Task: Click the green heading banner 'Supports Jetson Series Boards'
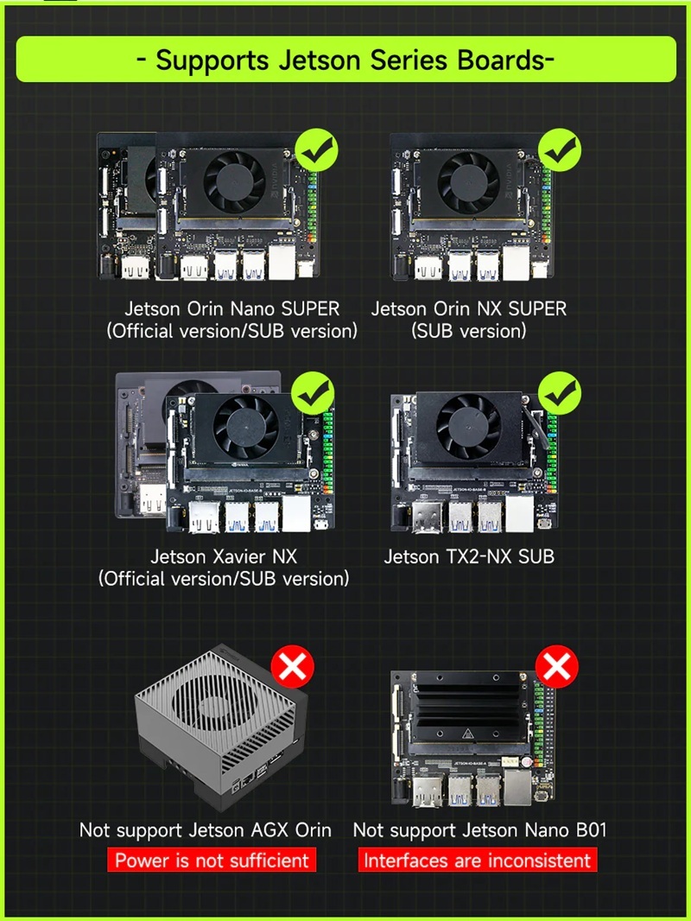(345, 60)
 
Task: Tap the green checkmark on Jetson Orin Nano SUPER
(316, 149)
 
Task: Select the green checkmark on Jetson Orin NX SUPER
(560, 149)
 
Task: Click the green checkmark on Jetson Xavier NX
(313, 393)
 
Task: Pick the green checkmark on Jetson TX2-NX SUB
(560, 393)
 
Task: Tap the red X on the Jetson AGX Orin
(292, 667)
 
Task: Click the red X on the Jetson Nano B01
(556, 667)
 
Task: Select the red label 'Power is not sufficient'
(212, 860)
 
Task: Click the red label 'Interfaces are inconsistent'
(478, 860)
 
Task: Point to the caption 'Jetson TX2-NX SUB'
(469, 556)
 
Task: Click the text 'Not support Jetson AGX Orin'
(206, 830)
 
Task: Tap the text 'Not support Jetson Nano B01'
(479, 830)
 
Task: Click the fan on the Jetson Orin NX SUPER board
(468, 182)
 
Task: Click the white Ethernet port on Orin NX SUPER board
(516, 263)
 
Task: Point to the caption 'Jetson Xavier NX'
(224, 556)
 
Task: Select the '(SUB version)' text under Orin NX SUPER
(468, 331)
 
